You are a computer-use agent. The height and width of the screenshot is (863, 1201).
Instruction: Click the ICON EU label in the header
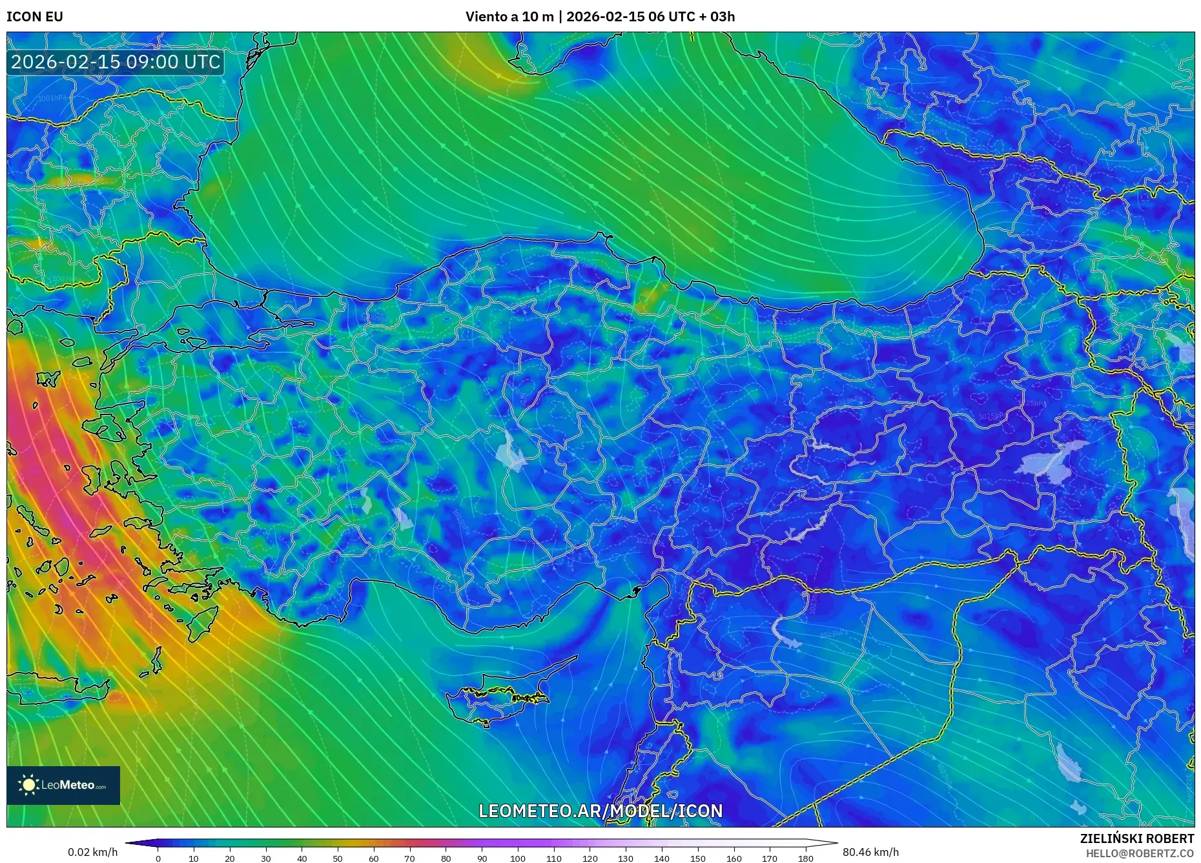(x=35, y=17)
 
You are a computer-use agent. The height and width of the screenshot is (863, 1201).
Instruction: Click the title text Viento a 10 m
(x=509, y=17)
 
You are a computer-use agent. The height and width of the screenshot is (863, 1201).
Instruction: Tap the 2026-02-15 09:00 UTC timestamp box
(x=116, y=62)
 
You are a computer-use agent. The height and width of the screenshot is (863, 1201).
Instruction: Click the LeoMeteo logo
(x=63, y=785)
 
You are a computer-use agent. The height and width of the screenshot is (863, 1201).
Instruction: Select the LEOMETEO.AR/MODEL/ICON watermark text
(x=600, y=811)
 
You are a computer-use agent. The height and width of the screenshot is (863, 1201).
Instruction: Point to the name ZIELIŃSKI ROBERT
(x=1136, y=838)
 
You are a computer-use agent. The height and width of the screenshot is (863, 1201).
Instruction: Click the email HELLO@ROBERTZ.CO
(x=1140, y=853)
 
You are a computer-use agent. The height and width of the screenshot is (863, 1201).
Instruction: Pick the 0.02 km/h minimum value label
(x=92, y=852)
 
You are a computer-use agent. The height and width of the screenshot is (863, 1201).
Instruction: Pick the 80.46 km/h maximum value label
(x=870, y=852)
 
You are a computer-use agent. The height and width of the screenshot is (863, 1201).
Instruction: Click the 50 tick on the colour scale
(x=338, y=858)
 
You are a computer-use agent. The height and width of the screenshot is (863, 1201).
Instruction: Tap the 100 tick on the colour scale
(x=518, y=858)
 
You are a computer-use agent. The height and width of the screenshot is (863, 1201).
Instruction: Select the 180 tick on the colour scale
(x=805, y=858)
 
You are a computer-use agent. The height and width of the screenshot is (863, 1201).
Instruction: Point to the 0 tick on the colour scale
(x=158, y=858)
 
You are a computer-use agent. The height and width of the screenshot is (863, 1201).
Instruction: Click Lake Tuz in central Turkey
(x=512, y=452)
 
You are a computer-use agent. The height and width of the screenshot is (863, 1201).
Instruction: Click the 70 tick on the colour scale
(x=409, y=858)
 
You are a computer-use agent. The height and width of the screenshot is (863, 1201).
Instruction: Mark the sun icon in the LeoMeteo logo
(x=28, y=785)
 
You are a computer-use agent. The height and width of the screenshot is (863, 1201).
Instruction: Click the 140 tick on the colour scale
(x=662, y=858)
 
